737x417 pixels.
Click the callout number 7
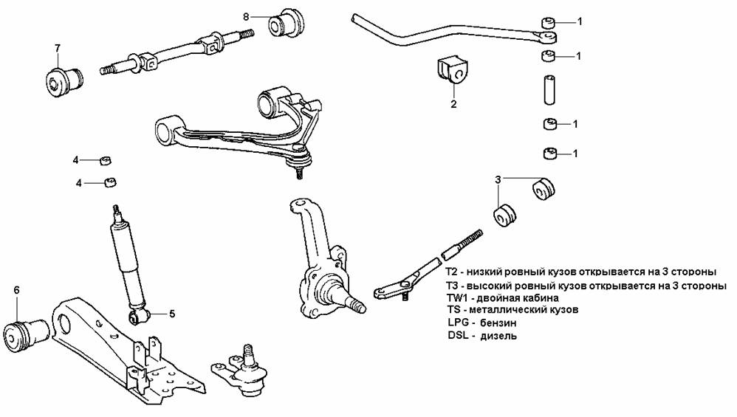tap(56, 49)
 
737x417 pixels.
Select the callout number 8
tap(247, 15)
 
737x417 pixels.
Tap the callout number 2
tap(453, 104)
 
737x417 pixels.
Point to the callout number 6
tap(16, 289)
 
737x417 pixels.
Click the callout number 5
tap(172, 314)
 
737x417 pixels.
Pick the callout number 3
tap(498, 179)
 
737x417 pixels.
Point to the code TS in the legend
tap(456, 310)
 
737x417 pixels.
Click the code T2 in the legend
tap(453, 272)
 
